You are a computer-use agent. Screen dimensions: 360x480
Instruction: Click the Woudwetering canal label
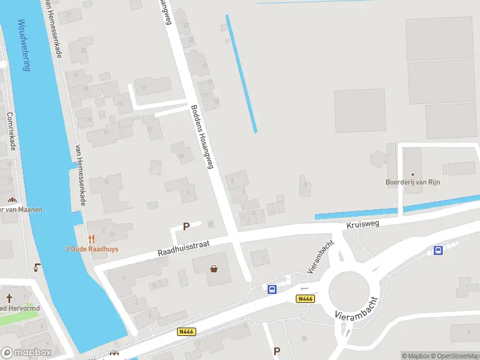coord(24,46)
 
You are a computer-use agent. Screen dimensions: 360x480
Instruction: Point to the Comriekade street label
coord(11,132)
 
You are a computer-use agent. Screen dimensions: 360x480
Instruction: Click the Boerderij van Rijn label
coord(412,182)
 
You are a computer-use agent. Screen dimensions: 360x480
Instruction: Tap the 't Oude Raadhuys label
coord(91,250)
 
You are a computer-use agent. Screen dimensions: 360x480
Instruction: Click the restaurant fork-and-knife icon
coord(91,239)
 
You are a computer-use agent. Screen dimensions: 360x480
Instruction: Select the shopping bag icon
coord(214,268)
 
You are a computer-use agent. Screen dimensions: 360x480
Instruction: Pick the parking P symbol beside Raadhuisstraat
coord(186,227)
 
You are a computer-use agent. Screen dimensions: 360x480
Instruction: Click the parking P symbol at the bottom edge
coord(277,351)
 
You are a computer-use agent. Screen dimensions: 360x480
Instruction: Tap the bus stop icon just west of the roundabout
coord(272,289)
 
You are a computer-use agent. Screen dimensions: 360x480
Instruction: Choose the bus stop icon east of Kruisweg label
coord(439,251)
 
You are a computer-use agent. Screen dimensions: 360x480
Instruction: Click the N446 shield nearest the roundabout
coord(305,299)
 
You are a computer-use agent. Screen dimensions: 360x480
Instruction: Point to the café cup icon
coord(38,268)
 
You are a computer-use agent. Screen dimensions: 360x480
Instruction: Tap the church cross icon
coord(10,298)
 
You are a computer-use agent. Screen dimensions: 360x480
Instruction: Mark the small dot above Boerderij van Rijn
coord(412,175)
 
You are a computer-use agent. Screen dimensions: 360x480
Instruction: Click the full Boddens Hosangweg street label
coord(202,137)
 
